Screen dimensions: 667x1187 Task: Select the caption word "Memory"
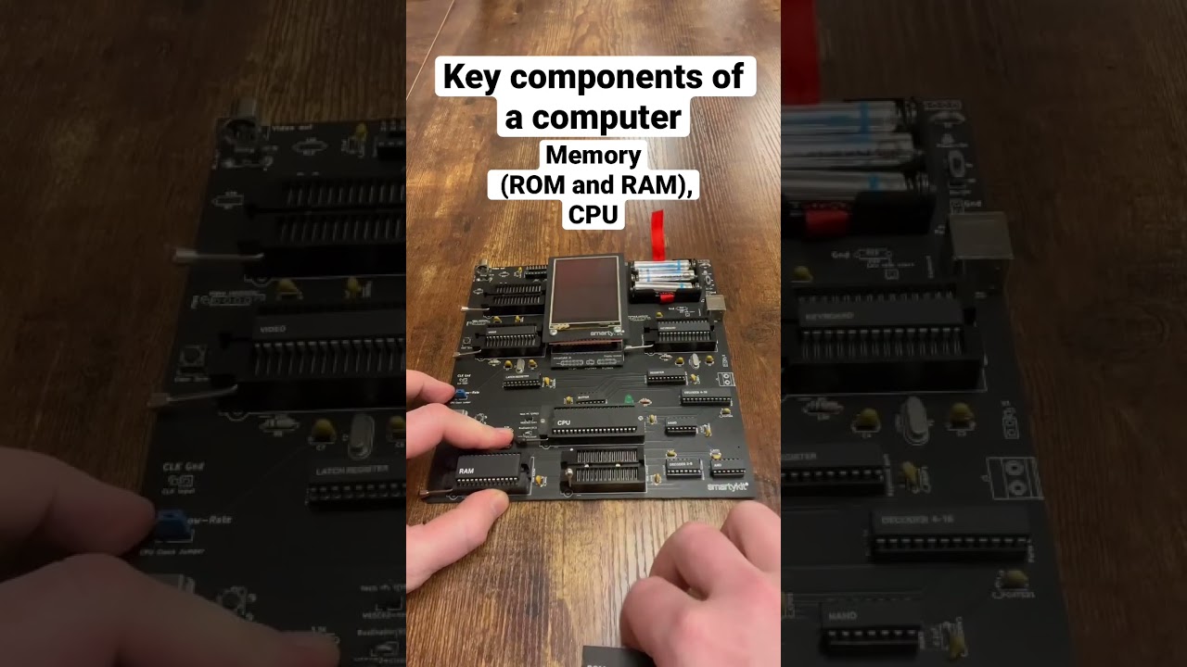[x=593, y=156]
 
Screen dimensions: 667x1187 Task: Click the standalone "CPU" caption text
[x=593, y=215]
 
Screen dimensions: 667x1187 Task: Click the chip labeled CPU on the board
[x=598, y=425]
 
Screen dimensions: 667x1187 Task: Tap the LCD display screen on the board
[x=585, y=293]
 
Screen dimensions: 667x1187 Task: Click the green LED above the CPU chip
[x=630, y=401]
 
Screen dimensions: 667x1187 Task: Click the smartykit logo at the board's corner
[x=728, y=486]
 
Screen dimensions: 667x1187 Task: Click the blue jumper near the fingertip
[x=460, y=394]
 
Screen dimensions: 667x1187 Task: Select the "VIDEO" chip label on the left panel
[x=273, y=329]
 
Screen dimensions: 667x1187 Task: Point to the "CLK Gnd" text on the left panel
[x=182, y=466]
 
